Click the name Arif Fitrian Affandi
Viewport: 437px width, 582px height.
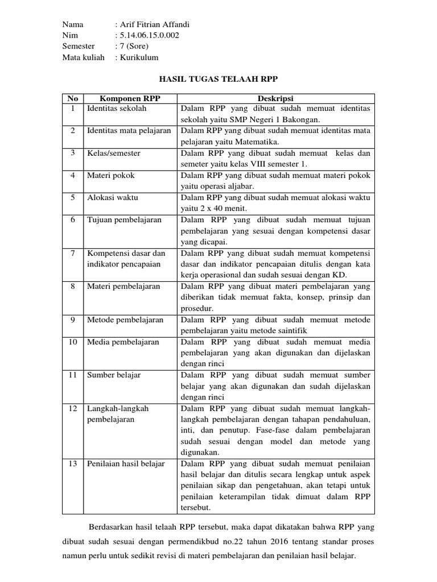pos(153,24)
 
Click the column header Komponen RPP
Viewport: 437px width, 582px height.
pos(130,98)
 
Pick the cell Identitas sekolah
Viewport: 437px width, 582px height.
pos(116,108)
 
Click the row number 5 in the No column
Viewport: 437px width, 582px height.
pos(73,198)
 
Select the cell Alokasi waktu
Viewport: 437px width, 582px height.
pos(112,198)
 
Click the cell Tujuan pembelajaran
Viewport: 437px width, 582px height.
pos(124,220)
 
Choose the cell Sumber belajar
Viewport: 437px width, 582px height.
pos(114,376)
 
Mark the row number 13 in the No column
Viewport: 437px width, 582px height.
pos(73,464)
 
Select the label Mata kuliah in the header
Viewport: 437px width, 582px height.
pos(83,57)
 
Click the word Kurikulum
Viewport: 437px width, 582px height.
pos(139,57)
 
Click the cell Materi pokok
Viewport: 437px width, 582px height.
pos(110,176)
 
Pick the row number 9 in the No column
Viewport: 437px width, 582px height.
pos(73,320)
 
